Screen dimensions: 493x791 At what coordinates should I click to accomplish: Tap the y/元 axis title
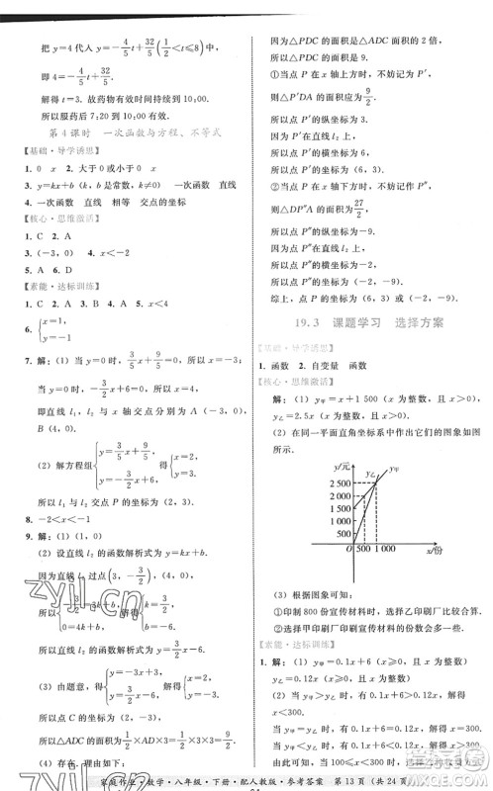pyautogui.click(x=342, y=466)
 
